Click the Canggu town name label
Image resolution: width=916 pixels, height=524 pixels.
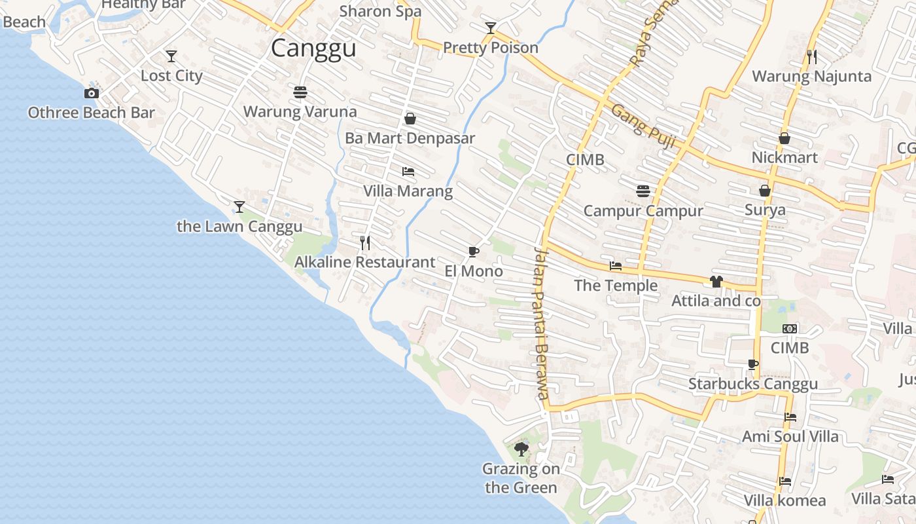pyautogui.click(x=313, y=49)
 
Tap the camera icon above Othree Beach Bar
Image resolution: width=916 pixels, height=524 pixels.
pyautogui.click(x=92, y=94)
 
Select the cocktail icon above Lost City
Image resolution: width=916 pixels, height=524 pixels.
pyautogui.click(x=171, y=56)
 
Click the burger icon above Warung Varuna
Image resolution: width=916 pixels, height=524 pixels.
pyautogui.click(x=300, y=92)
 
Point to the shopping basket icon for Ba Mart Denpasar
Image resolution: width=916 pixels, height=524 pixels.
pyautogui.click(x=410, y=119)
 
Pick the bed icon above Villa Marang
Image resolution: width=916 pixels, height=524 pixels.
pyautogui.click(x=408, y=172)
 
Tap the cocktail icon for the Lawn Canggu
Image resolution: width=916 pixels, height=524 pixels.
pyautogui.click(x=239, y=207)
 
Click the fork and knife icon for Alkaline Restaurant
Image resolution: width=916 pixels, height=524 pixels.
pyautogui.click(x=365, y=243)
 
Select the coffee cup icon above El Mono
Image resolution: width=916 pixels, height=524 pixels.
pyautogui.click(x=474, y=252)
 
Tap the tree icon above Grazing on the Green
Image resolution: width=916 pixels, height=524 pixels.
pyautogui.click(x=521, y=449)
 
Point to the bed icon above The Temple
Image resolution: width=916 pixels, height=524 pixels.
pyautogui.click(x=616, y=266)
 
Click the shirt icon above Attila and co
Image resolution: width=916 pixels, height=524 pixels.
pyautogui.click(x=716, y=282)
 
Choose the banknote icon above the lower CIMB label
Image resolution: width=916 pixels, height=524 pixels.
pyautogui.click(x=790, y=329)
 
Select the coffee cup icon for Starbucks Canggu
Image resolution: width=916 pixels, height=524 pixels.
pyautogui.click(x=753, y=364)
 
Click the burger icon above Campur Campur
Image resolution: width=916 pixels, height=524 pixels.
pyautogui.click(x=643, y=191)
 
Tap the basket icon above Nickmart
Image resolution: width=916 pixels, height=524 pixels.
pyautogui.click(x=784, y=138)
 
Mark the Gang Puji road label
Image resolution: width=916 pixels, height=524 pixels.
pyautogui.click(x=643, y=126)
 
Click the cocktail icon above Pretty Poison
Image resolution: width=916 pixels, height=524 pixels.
pyautogui.click(x=491, y=28)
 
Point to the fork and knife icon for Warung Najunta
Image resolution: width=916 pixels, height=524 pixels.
pyautogui.click(x=812, y=57)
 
